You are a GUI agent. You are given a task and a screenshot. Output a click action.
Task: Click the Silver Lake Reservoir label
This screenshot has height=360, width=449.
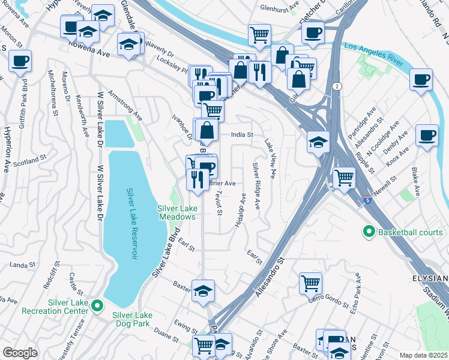coord(131,224)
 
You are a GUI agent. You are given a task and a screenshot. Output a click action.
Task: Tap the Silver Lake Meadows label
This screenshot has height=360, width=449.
coord(178,212)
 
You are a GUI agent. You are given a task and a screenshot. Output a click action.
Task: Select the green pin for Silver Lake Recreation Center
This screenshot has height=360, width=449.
coord(97,308)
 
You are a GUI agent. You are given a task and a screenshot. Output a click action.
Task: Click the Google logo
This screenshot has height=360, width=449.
coord(20,353)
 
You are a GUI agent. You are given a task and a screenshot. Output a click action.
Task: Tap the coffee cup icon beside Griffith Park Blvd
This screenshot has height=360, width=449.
coord(20,61)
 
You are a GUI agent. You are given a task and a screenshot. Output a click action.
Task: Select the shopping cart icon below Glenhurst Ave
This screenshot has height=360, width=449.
coord(259,34)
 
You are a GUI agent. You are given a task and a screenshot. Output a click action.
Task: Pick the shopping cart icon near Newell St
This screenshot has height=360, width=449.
coord(343,177)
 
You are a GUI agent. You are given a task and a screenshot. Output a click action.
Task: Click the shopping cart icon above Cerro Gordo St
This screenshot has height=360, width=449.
coord(310,282)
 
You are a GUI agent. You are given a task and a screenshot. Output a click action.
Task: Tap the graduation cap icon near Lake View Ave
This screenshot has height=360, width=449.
coord(318,142)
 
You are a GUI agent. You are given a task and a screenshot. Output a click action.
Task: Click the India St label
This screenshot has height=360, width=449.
coord(243,135)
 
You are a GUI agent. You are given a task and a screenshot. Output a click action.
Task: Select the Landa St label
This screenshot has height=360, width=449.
coord(20,264)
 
